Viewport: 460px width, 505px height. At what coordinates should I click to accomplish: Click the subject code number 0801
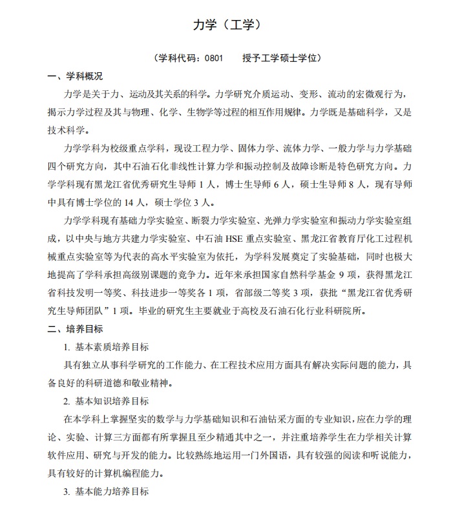tap(213, 59)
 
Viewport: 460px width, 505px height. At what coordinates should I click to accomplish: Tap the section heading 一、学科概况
tap(75, 76)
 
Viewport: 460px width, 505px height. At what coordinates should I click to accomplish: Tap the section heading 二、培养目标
tap(75, 329)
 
